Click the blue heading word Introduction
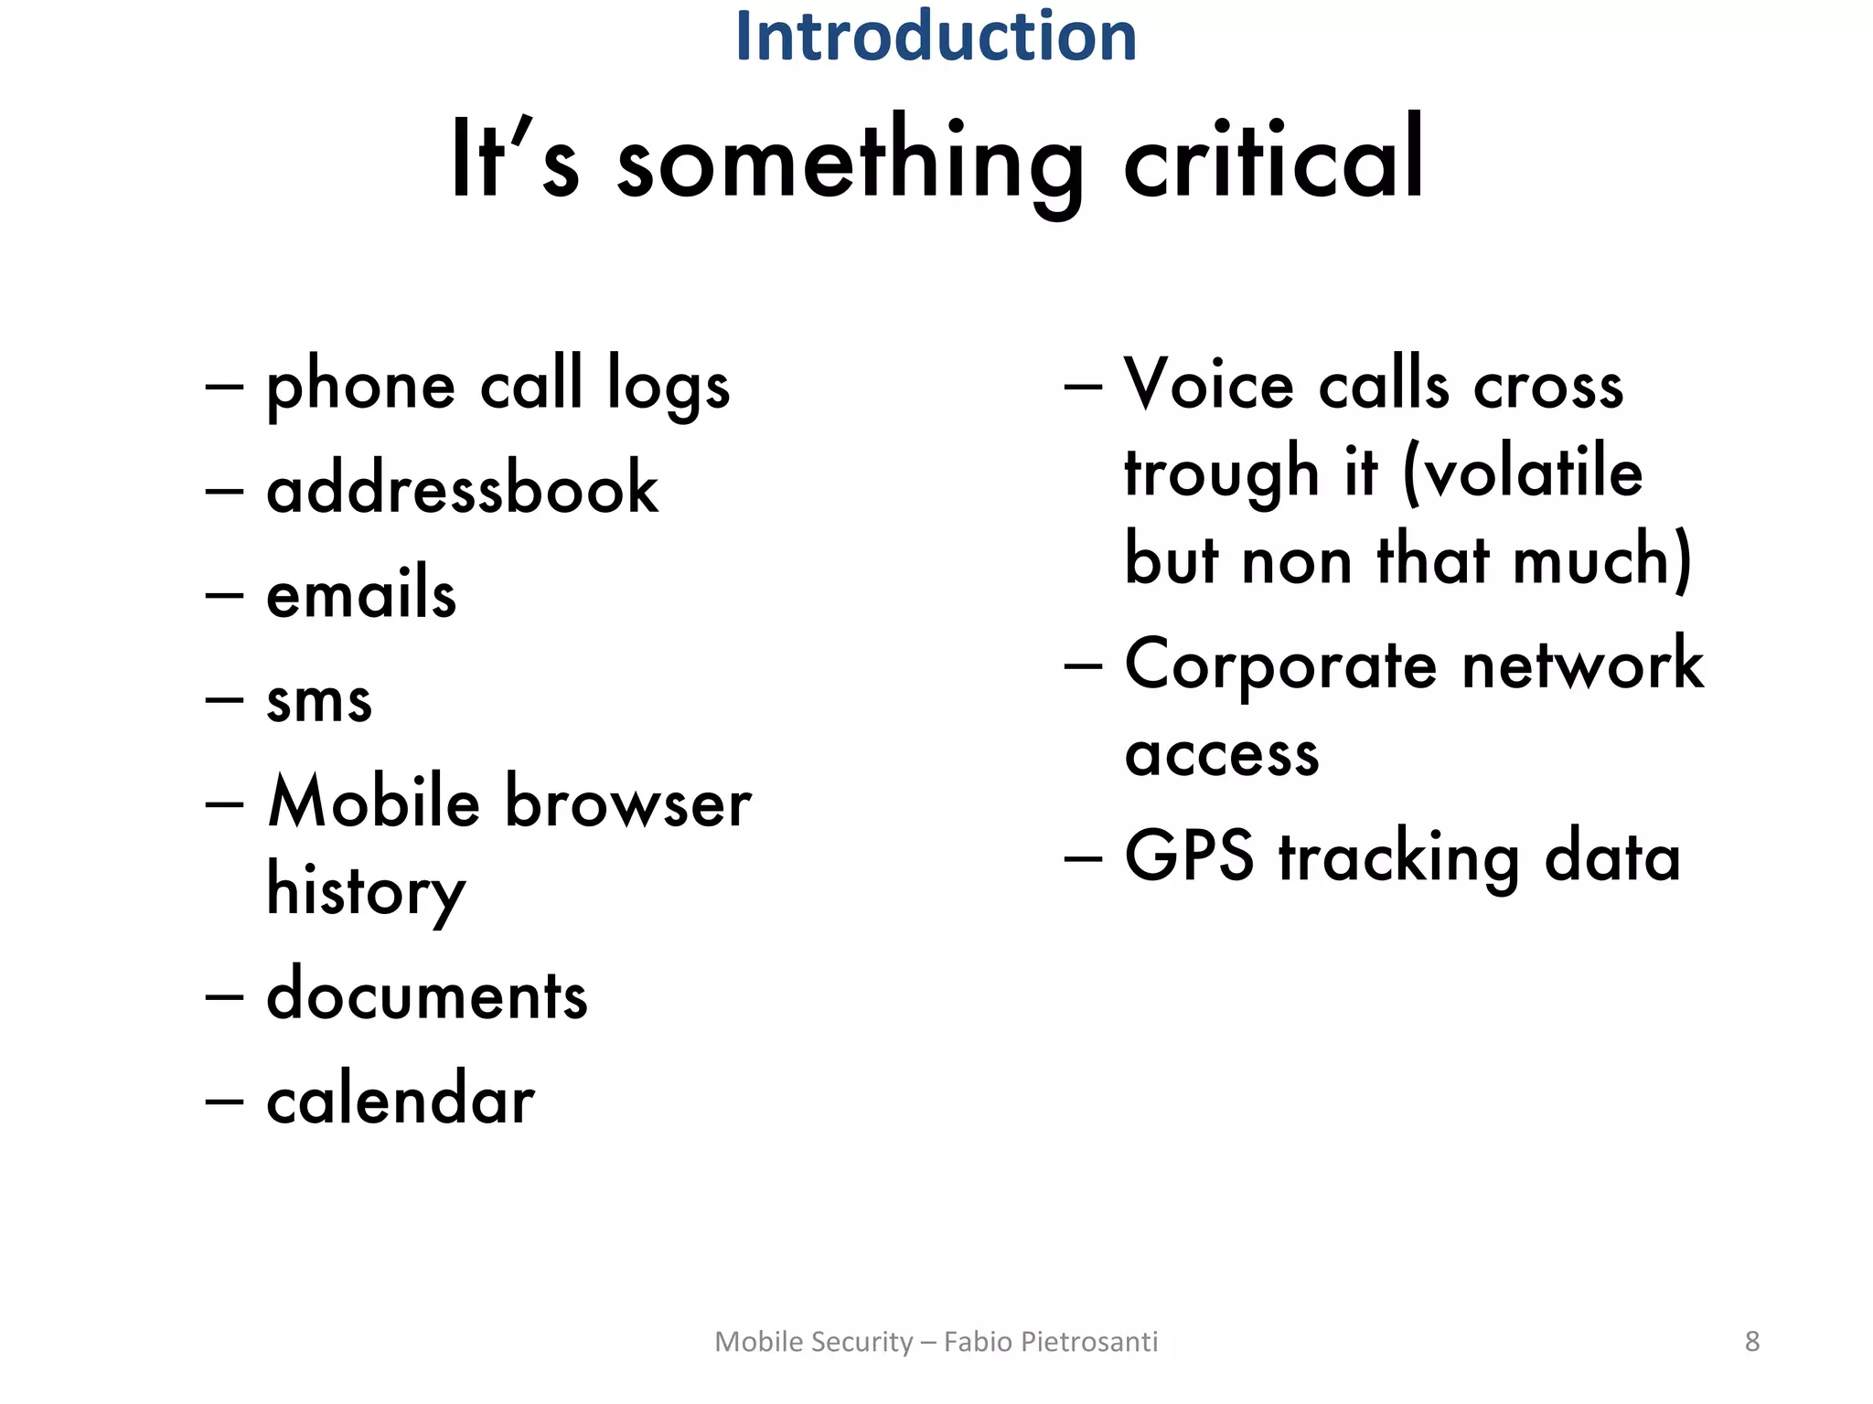936,37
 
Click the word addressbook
462,488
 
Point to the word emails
361,593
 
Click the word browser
628,803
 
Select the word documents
426,995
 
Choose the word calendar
400,1100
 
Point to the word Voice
1209,385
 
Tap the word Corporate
1280,666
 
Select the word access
1222,755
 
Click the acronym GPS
1189,856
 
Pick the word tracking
1398,859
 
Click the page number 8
1752,1341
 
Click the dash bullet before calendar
225,1100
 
